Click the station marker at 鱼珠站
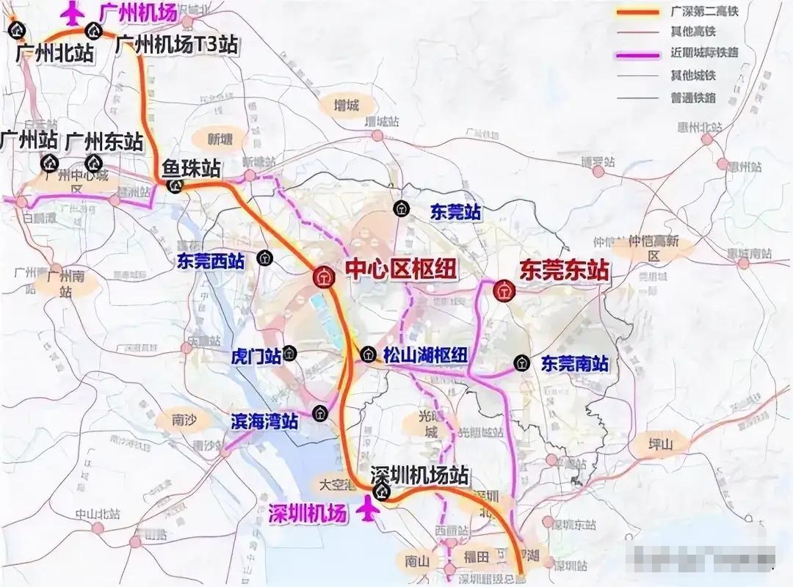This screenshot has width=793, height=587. (x=175, y=186)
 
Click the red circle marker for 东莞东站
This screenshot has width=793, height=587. (x=504, y=291)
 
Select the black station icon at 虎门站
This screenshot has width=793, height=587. (x=291, y=354)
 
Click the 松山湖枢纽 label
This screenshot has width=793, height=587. (x=425, y=355)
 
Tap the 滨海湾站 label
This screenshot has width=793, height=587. (x=265, y=420)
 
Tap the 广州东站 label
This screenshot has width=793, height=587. (x=104, y=139)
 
